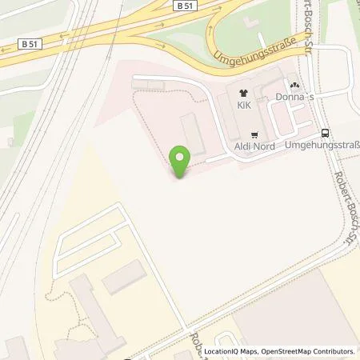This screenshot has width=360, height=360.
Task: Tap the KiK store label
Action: pyautogui.click(x=242, y=104)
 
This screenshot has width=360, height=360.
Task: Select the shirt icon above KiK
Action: pyautogui.click(x=242, y=93)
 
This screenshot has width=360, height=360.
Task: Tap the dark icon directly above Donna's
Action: pyautogui.click(x=294, y=84)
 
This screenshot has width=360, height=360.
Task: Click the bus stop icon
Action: pyautogui.click(x=325, y=134)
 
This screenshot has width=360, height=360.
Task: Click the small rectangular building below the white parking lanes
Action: pyautogui.click(x=125, y=276)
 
